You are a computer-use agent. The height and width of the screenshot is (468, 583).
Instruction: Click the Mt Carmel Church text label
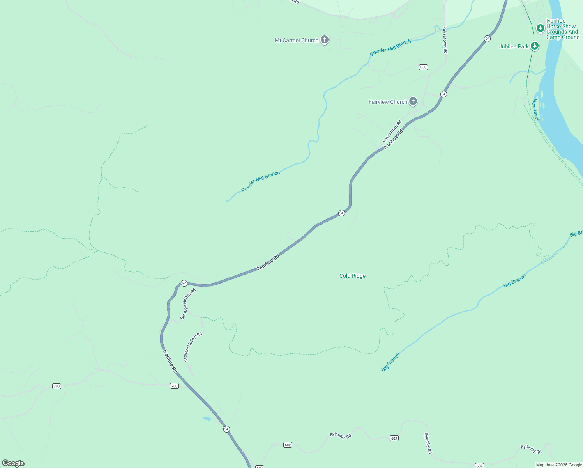297,40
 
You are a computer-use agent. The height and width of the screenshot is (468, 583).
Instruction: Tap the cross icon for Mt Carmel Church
324,39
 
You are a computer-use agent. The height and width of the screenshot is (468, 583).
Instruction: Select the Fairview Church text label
388,102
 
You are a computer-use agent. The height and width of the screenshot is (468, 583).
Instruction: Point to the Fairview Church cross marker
413,101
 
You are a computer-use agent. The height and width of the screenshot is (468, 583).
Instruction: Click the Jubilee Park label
514,46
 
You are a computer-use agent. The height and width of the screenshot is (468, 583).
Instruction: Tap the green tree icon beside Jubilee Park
535,46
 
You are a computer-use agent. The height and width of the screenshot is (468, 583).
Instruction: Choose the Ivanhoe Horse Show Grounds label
563,29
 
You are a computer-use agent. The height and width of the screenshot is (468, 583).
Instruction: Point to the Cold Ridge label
352,276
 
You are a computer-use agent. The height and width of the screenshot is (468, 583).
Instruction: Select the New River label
535,110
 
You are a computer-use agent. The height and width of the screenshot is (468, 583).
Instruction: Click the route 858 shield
423,67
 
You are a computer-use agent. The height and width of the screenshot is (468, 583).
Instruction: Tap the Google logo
13,463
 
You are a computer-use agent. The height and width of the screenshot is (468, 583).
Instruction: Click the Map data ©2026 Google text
559,465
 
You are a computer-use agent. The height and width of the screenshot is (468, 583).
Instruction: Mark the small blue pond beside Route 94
207,419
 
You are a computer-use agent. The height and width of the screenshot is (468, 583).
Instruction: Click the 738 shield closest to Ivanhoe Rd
174,386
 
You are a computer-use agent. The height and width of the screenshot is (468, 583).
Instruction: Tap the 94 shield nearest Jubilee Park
487,39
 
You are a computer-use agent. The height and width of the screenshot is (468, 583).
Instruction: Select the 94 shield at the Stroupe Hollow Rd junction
184,283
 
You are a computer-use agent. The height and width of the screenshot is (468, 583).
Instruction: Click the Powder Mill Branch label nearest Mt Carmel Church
390,48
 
